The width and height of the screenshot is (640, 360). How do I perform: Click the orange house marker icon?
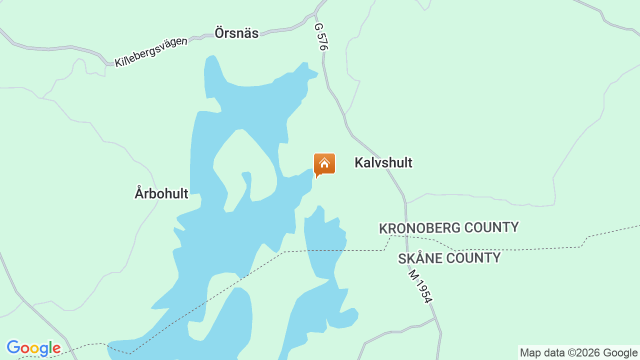(x=324, y=164)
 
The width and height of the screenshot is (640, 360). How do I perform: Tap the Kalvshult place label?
(x=383, y=162)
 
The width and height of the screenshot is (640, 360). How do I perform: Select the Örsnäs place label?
(x=236, y=33)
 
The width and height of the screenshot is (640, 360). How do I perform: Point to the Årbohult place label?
(x=161, y=193)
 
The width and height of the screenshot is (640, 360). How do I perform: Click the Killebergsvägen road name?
(x=151, y=52)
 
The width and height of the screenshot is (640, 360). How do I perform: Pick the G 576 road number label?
(x=321, y=36)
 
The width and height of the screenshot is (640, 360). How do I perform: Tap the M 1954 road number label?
(x=420, y=286)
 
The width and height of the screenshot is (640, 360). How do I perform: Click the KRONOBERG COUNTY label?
(x=448, y=228)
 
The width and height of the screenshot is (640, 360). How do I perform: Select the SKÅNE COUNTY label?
(x=449, y=258)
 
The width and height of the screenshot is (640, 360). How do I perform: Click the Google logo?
(x=33, y=348)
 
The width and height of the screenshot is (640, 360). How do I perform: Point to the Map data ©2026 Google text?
(x=578, y=353)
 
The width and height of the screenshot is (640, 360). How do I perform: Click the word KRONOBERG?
(x=419, y=228)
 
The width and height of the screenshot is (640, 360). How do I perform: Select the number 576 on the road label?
(x=322, y=41)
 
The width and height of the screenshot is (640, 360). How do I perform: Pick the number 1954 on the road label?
(x=422, y=291)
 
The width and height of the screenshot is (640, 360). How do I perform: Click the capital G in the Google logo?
(x=13, y=347)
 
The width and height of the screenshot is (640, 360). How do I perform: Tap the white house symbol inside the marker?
(x=324, y=163)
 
